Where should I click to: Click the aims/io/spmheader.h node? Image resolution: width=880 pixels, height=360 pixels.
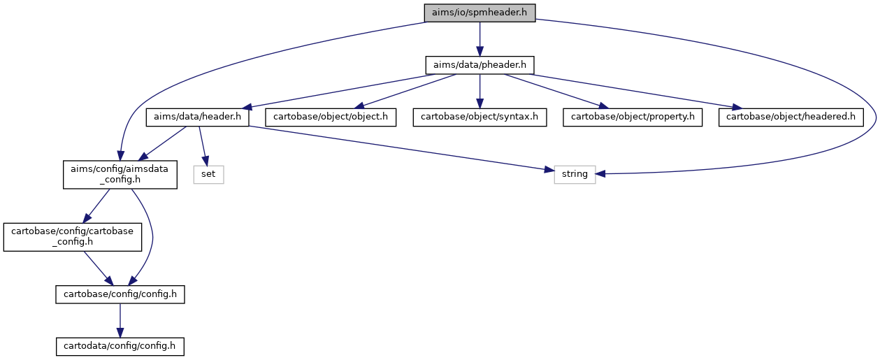[x=479, y=13]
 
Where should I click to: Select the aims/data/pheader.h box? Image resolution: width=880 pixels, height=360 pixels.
[x=479, y=65]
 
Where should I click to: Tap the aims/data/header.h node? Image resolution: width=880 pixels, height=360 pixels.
[x=197, y=117]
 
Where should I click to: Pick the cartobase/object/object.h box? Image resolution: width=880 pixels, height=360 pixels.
[x=331, y=117]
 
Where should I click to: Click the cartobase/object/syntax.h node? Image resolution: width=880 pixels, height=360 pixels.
[x=479, y=117]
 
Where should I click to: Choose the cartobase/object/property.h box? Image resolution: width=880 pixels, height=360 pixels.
[x=632, y=117]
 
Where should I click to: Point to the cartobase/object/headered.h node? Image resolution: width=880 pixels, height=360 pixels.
[x=791, y=117]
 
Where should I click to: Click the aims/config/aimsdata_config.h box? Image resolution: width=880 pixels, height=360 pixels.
[x=120, y=175]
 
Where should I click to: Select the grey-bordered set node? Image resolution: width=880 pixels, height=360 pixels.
[x=208, y=175]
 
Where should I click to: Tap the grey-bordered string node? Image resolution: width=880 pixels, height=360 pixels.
[x=575, y=175]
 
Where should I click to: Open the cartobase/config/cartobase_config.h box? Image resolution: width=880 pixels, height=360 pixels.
[x=72, y=237]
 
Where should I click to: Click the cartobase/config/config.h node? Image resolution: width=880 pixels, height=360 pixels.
[x=120, y=294]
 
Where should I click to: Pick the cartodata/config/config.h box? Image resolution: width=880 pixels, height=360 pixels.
[x=120, y=347]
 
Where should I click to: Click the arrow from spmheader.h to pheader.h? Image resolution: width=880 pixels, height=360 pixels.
[x=479, y=39]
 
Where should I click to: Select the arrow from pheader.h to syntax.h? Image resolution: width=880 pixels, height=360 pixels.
[x=479, y=91]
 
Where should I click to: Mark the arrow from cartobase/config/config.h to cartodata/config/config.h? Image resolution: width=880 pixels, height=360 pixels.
[x=120, y=320]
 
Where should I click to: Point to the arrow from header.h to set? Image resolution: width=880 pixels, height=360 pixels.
[x=203, y=146]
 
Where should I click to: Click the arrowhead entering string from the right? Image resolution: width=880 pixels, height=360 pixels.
[x=600, y=174]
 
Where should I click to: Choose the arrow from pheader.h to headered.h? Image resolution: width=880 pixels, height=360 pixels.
[x=637, y=91]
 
